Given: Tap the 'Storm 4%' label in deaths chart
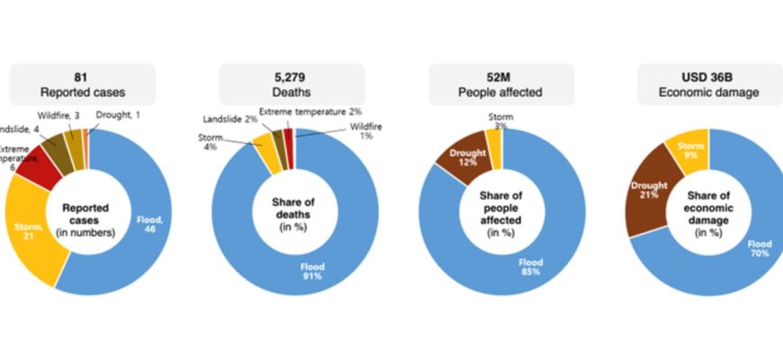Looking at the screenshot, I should pyautogui.click(x=209, y=141).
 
